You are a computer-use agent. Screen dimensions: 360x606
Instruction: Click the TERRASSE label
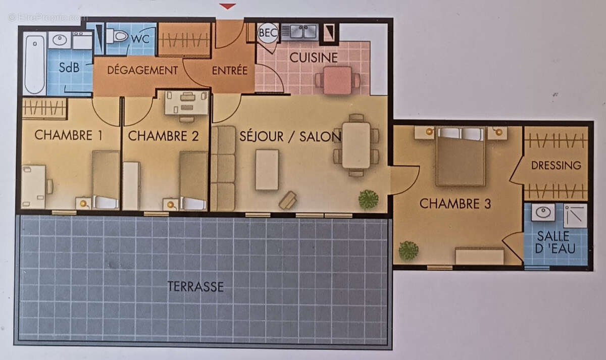point(195,287)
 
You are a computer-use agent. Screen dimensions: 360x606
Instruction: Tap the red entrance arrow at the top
point(228,6)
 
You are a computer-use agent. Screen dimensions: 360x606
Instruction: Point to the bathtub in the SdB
point(34,63)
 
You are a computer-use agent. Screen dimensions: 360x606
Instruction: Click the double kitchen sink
point(299,32)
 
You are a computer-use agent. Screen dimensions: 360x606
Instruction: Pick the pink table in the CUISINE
point(337,80)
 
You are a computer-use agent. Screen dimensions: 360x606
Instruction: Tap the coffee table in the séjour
point(267,170)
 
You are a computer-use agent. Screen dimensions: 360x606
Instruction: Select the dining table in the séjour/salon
point(356,145)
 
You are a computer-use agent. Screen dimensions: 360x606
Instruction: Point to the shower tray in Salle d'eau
point(575,216)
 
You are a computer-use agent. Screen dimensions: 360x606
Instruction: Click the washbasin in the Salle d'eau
point(543,212)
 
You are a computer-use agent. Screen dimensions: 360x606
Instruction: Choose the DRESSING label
point(556,165)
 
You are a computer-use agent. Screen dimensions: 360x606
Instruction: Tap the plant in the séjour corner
point(368,199)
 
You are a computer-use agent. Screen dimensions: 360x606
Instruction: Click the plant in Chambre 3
point(408,250)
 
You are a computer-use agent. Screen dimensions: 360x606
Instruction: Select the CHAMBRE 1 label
point(64,135)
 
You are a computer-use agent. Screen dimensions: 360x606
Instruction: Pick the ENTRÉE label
point(230,70)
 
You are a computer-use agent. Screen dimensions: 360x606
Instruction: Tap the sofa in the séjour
point(223,168)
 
